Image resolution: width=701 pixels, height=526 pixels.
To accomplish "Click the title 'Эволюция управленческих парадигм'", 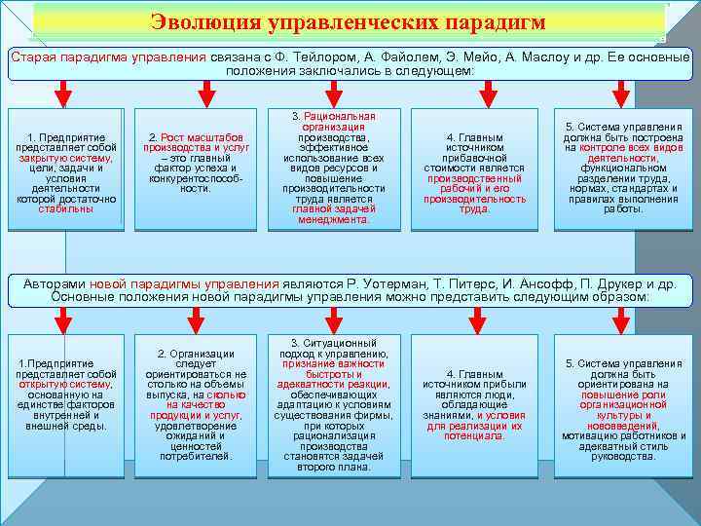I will (348, 21).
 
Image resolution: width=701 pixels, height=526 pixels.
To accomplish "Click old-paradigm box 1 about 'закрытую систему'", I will (66, 169).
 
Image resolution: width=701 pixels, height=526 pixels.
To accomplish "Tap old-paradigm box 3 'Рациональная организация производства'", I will (334, 168).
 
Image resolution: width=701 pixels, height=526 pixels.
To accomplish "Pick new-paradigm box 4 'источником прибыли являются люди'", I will (474, 404).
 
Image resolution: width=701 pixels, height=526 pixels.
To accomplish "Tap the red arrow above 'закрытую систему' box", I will (64, 93).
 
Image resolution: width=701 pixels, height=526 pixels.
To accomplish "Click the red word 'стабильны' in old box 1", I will (66, 209).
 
